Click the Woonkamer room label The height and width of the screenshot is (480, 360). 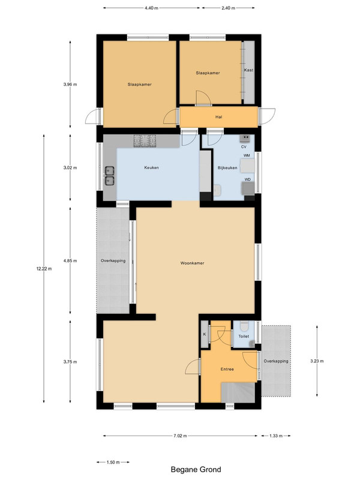(x=192, y=263)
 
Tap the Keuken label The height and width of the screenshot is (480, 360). (x=152, y=167)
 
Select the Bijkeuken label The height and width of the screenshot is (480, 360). (x=227, y=168)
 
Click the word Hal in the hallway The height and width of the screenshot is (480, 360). (x=218, y=117)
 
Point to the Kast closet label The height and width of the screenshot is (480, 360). (x=248, y=70)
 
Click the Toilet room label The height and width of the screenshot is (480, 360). (x=244, y=336)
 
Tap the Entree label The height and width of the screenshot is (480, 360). (x=227, y=369)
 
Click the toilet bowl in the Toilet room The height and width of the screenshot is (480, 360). (x=244, y=326)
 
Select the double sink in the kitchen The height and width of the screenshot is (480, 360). (x=110, y=176)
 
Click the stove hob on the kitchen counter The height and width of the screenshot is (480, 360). (x=145, y=141)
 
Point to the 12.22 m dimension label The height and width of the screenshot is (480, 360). (x=44, y=269)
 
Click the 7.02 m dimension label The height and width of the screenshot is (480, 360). (x=180, y=436)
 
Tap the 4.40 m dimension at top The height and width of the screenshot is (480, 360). (x=151, y=8)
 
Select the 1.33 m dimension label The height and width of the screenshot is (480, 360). (x=276, y=436)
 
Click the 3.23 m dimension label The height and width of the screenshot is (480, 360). (x=317, y=361)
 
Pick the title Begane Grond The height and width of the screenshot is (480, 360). (x=196, y=469)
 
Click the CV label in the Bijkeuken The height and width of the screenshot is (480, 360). (x=244, y=147)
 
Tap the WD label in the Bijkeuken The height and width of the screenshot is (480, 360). (x=247, y=179)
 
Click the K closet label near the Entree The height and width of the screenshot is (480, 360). (x=205, y=334)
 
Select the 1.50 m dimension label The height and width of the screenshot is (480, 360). (x=113, y=462)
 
